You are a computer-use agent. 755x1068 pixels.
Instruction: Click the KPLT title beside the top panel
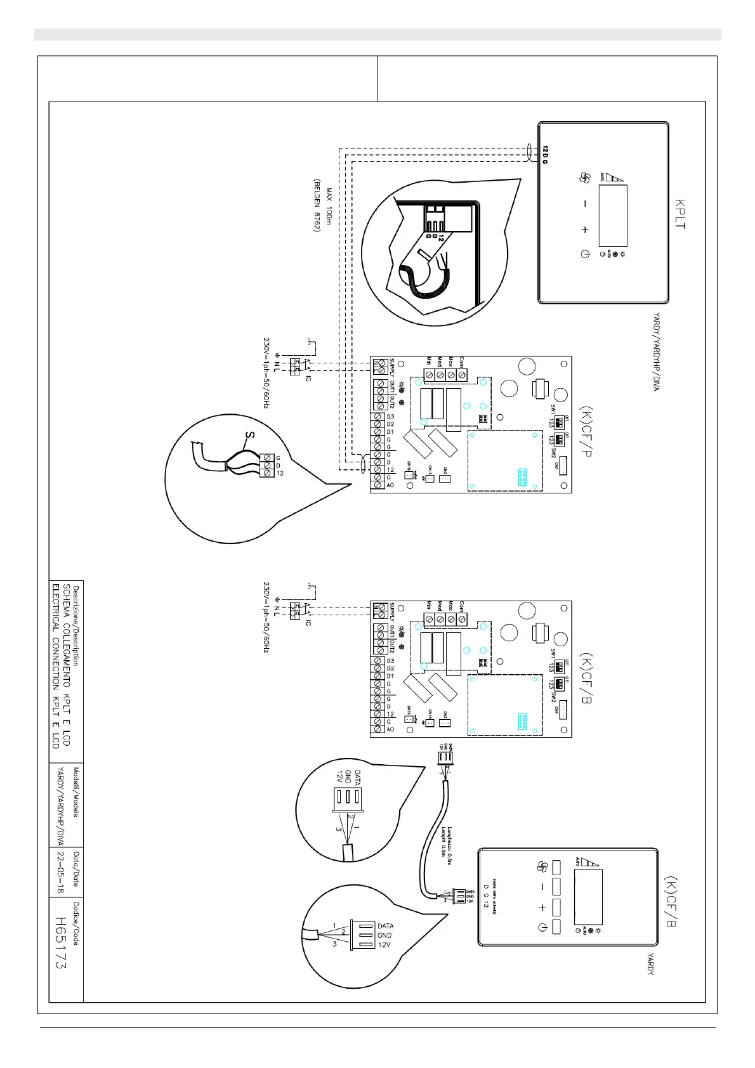[x=680, y=214]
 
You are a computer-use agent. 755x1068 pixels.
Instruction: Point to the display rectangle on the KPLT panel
[x=613, y=216]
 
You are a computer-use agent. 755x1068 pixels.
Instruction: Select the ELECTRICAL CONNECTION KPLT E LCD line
[x=56, y=665]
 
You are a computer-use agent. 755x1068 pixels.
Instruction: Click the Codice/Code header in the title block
[x=75, y=923]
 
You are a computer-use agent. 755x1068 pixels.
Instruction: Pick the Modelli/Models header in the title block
[x=75, y=792]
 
